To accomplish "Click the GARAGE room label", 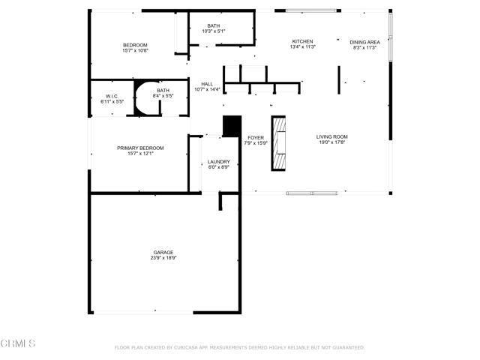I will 163,252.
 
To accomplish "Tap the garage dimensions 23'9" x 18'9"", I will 163,258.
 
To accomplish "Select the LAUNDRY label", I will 219,161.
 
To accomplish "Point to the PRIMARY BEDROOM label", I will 140,148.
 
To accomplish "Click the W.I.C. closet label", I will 112,96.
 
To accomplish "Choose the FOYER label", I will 256,137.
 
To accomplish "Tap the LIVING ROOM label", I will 332,136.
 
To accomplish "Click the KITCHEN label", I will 302,41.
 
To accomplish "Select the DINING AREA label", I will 364,42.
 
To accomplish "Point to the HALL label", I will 207,84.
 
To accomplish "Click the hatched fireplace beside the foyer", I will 279,143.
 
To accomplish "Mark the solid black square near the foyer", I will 232,126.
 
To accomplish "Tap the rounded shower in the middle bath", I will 145,99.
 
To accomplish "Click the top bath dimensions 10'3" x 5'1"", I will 214,31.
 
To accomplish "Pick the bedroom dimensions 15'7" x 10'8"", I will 136,51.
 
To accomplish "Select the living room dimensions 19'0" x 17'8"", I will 332,142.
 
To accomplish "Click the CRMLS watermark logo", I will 18,343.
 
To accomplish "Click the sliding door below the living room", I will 312,193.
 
